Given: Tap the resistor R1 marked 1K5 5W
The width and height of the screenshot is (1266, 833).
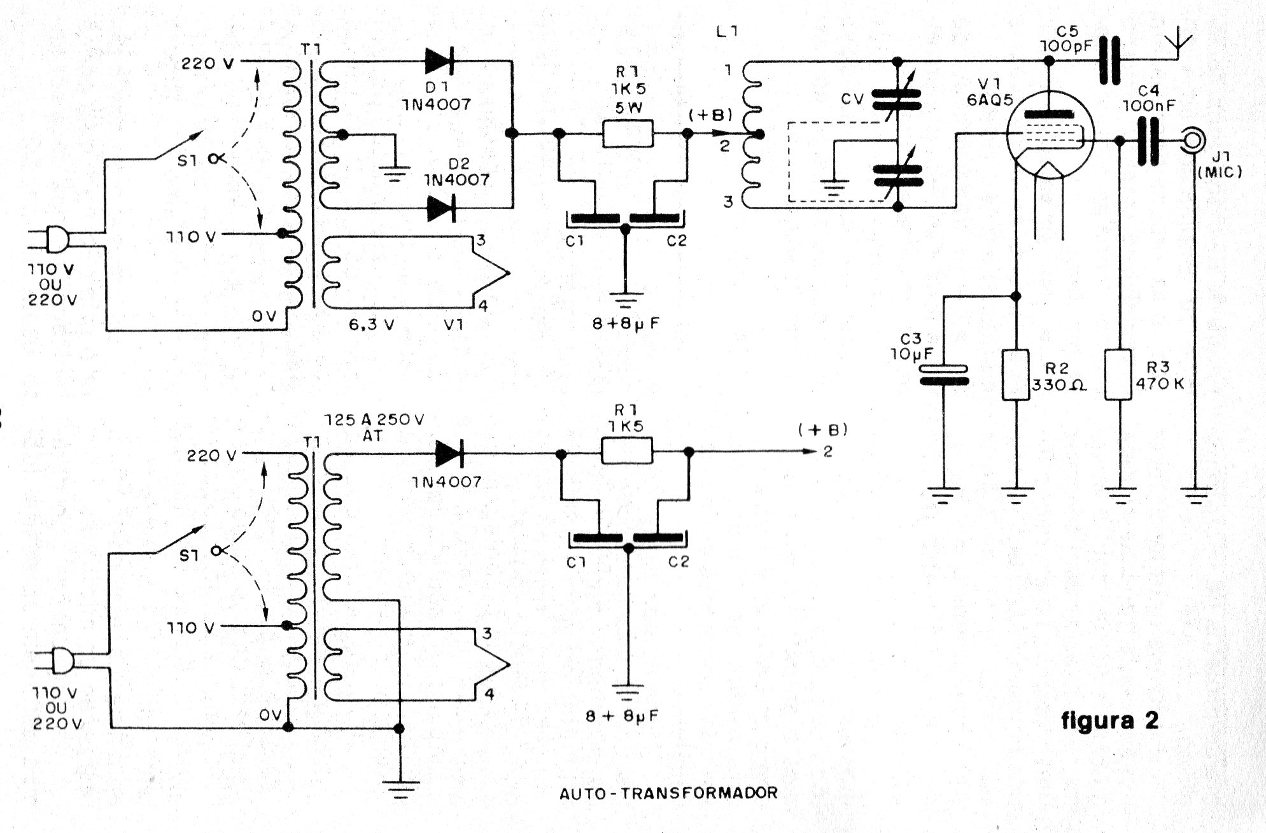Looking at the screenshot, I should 628,134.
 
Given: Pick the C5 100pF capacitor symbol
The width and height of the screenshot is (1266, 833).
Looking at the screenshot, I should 1109,60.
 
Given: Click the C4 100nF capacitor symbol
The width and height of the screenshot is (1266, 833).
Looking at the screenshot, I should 1149,141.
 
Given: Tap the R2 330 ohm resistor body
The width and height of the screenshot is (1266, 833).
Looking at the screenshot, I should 1016,374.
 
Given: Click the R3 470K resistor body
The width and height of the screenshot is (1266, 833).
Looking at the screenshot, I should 1118,374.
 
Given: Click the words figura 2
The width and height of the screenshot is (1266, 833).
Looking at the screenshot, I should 1109,720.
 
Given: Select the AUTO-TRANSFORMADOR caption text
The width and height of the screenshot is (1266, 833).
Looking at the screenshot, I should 668,793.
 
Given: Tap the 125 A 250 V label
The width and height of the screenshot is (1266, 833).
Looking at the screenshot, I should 374,421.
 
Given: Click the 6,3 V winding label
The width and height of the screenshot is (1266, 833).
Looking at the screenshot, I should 371,325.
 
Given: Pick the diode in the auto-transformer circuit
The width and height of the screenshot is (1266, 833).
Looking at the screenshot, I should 449,454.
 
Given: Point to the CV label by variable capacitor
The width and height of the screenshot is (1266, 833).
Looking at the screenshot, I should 852,99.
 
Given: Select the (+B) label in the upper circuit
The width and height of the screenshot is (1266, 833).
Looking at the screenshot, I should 710,115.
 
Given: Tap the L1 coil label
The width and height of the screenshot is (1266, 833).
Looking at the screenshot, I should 727,31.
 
